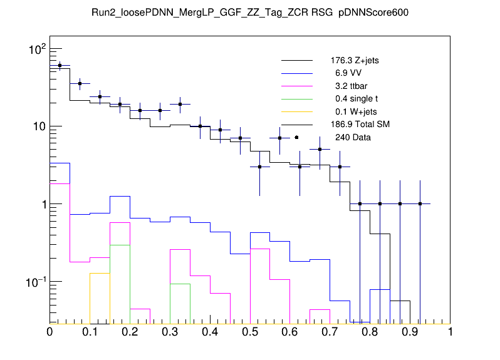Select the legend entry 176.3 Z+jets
355,61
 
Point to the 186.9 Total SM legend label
360,124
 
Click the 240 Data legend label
348,136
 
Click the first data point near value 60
60,65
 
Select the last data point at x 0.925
420,203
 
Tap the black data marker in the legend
296,137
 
